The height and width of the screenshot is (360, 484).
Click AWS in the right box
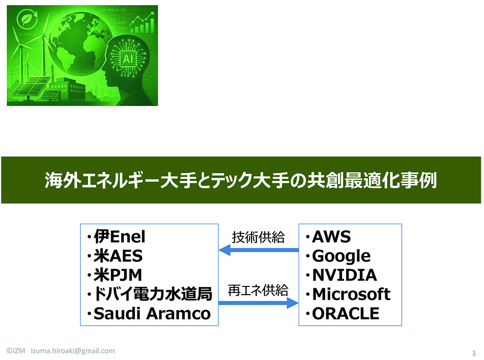pos(331,237)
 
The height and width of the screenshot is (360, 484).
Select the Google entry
pos(341,256)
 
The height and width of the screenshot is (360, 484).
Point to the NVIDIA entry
pos(344,275)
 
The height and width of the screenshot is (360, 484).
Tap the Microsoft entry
pos(351,294)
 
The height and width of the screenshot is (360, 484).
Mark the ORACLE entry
pos(346,314)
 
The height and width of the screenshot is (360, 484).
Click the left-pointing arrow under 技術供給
pos(258,250)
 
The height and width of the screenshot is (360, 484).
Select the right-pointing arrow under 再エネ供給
pos(258,303)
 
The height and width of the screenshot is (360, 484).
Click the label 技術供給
pos(258,238)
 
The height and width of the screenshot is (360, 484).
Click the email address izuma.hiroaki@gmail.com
pos(73,351)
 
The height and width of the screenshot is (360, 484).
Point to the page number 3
pos(473,352)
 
